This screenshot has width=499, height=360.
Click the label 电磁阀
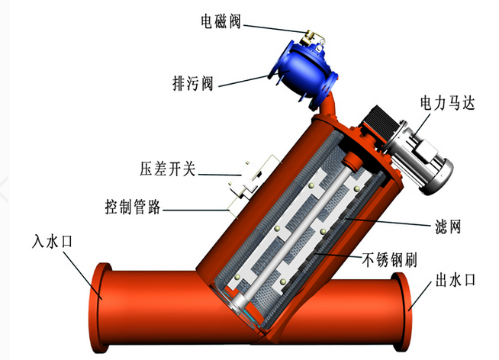coord(221,21)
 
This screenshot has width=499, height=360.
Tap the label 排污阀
coord(192,83)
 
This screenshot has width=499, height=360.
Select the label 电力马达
coord(447,102)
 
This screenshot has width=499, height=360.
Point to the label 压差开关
coord(167,169)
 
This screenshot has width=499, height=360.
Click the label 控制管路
coord(133,207)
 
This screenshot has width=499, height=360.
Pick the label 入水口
coord(52,241)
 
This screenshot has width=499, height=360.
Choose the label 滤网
coord(448,227)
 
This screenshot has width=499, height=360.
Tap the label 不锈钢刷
coord(389,260)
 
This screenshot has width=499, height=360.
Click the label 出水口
coord(455,280)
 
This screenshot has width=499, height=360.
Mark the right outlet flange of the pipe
coord(401,312)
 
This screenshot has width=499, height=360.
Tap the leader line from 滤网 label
coord(389,222)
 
